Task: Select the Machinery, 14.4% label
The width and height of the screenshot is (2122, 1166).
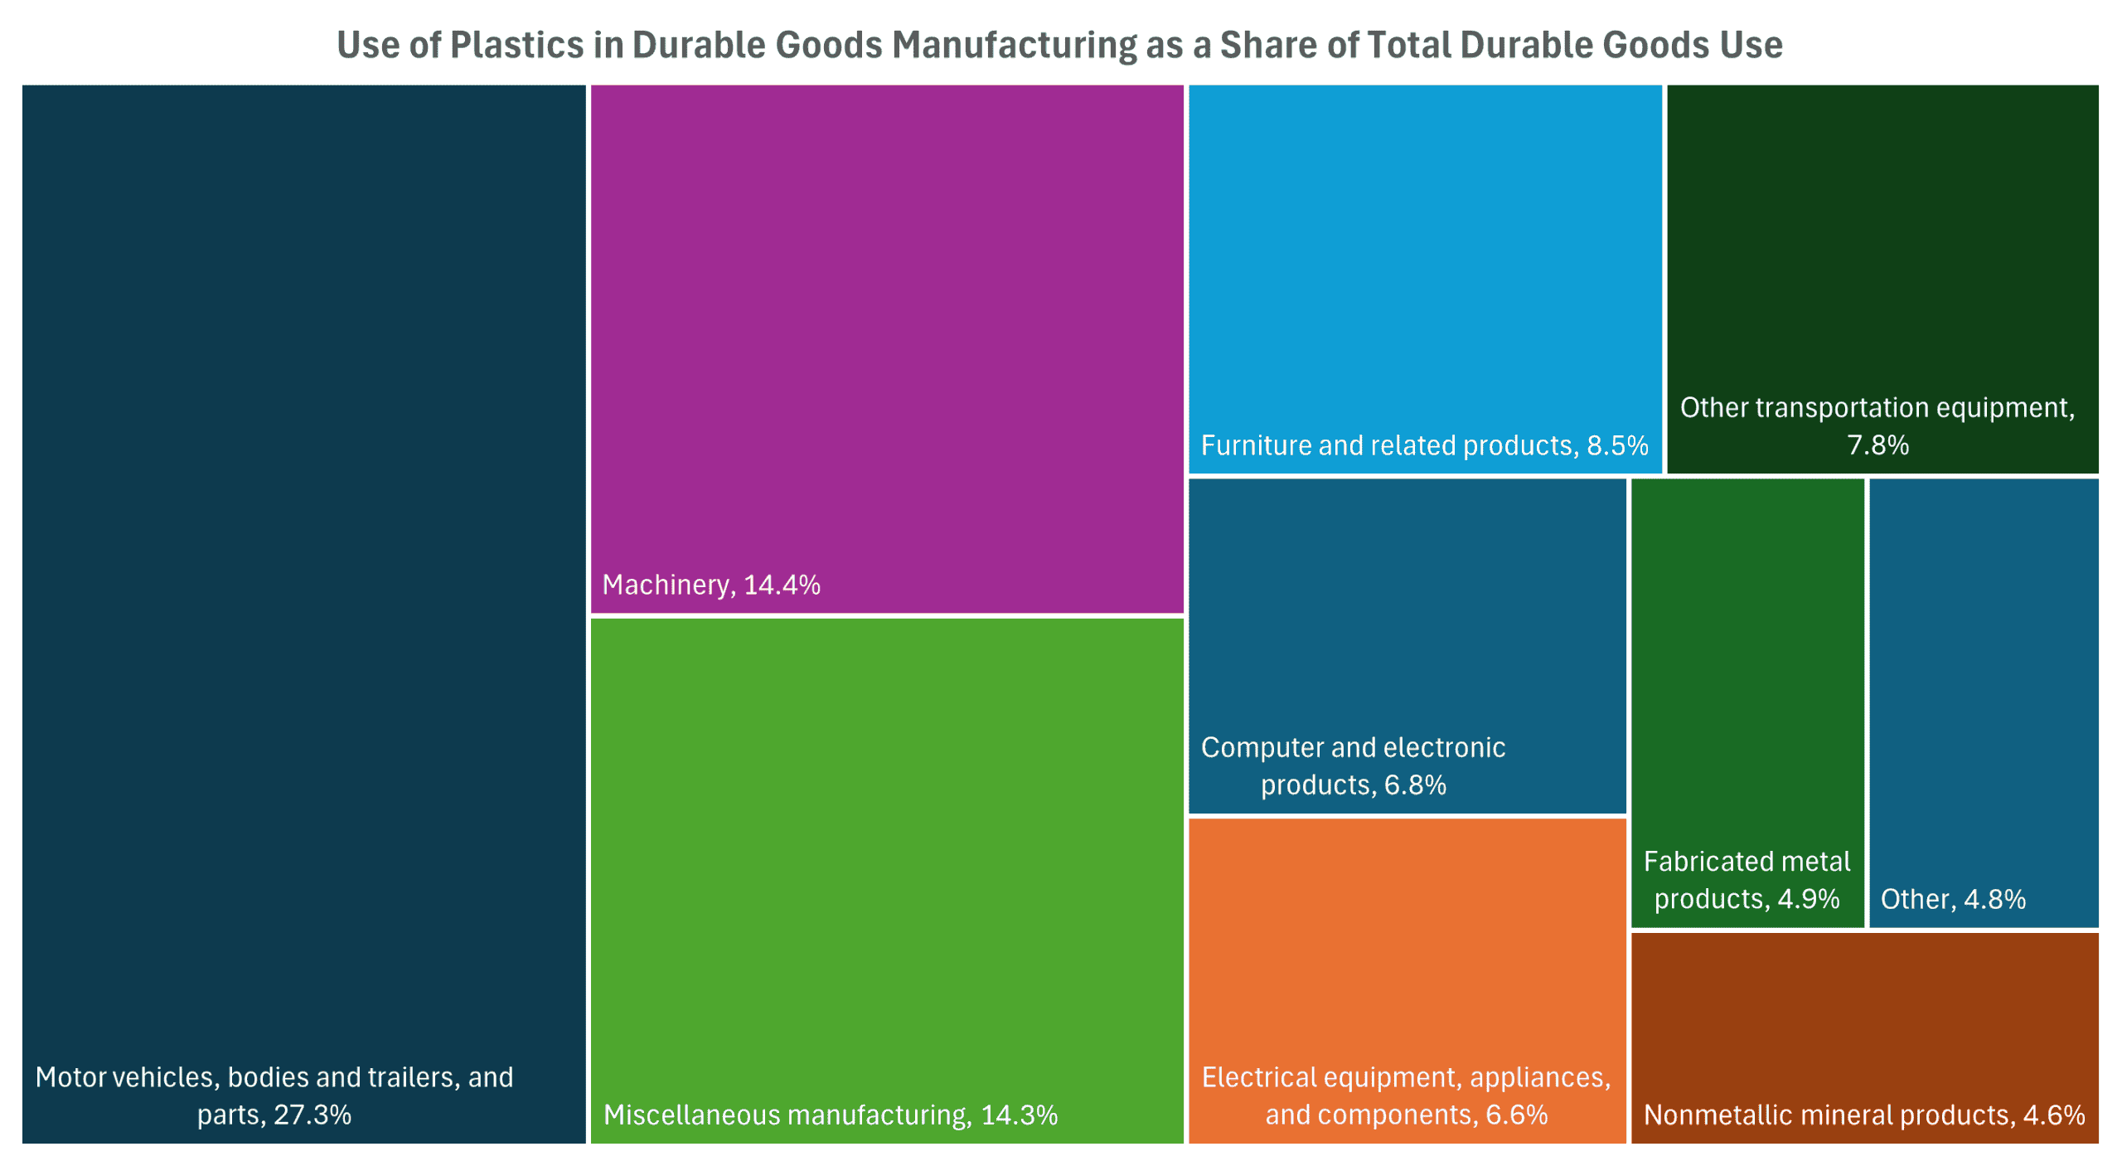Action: coord(710,585)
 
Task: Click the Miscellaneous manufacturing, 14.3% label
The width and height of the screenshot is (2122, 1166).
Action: coord(830,1115)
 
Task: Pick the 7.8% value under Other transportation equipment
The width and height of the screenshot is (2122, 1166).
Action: coord(1877,445)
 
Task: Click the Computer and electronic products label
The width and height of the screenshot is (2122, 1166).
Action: coord(1353,765)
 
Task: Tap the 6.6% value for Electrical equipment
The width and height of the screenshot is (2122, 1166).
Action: coord(1516,1115)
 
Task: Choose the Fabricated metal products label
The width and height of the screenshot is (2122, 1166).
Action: coord(1747,880)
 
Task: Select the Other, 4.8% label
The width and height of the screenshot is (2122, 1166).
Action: coord(1953,899)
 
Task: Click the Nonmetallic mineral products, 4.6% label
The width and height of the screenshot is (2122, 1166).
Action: coord(1864,1115)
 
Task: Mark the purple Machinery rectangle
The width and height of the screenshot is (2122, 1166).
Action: coord(887,332)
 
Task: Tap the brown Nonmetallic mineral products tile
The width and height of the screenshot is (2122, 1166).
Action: coord(1864,1012)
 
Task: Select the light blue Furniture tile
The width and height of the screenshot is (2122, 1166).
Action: coord(1424,249)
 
